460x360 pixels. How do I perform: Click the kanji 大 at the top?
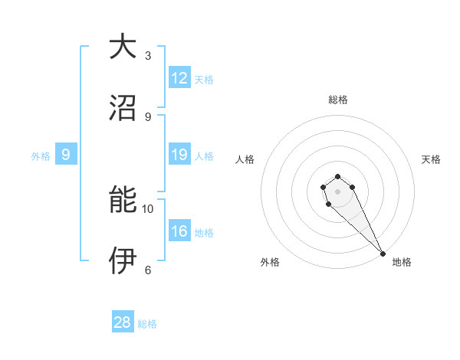[122, 47]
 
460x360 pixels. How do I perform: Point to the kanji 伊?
[122, 261]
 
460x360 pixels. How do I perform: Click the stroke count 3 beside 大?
[148, 56]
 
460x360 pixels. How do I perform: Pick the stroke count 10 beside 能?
[148, 208]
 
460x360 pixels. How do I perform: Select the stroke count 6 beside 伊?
[148, 270]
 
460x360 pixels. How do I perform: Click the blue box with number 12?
[179, 79]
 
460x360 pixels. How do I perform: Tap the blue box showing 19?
[179, 155]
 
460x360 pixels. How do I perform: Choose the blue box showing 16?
[179, 231]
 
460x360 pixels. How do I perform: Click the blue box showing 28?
[123, 322]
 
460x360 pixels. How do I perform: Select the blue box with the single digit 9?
[66, 155]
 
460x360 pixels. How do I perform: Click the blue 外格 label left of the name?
[41, 156]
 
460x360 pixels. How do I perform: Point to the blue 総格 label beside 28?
[147, 324]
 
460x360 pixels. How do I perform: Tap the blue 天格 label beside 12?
[204, 80]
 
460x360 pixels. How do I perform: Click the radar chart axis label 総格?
[338, 100]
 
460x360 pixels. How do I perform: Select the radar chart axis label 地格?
[402, 263]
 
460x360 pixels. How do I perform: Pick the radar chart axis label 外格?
[270, 263]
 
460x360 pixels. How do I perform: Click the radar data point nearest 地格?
[383, 254]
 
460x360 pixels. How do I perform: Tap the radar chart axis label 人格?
[245, 160]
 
